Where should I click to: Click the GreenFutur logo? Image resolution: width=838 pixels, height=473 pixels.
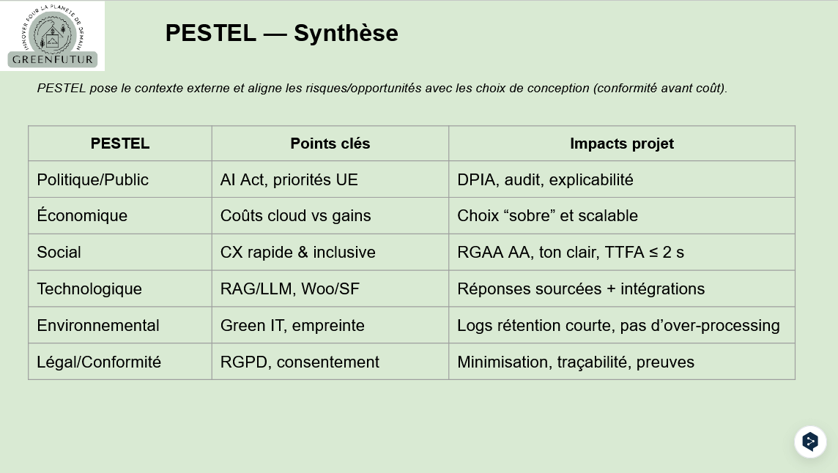[52, 36]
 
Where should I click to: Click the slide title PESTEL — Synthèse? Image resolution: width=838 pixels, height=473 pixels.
[281, 33]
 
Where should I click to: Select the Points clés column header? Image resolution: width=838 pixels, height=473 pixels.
[330, 144]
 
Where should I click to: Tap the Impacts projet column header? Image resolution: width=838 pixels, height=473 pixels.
[621, 144]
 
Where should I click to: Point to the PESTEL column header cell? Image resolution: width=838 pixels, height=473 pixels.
[120, 144]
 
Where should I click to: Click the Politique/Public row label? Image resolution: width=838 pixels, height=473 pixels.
[93, 179]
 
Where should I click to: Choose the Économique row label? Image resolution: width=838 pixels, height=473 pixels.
[82, 216]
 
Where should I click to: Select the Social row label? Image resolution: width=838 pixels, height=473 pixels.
[59, 253]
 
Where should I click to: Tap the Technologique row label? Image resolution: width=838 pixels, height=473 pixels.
[89, 289]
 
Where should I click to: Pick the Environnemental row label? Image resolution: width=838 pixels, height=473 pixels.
[98, 326]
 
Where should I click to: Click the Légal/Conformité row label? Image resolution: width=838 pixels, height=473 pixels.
[99, 362]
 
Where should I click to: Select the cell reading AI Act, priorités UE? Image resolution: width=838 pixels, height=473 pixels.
[289, 179]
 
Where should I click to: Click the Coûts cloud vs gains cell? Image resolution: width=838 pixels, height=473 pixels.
[296, 216]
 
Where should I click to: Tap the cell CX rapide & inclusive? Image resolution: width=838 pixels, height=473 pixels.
[298, 253]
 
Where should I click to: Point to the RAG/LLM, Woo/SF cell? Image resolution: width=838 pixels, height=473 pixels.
[290, 289]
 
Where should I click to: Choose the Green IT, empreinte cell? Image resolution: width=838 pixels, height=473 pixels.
[292, 326]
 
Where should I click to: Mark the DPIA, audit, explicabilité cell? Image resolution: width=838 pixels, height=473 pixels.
[545, 179]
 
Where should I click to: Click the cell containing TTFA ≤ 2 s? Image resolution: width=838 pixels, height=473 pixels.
[571, 253]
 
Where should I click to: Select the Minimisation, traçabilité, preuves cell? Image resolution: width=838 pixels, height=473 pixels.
[576, 362]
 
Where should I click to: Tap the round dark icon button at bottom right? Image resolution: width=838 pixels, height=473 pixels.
[810, 442]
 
